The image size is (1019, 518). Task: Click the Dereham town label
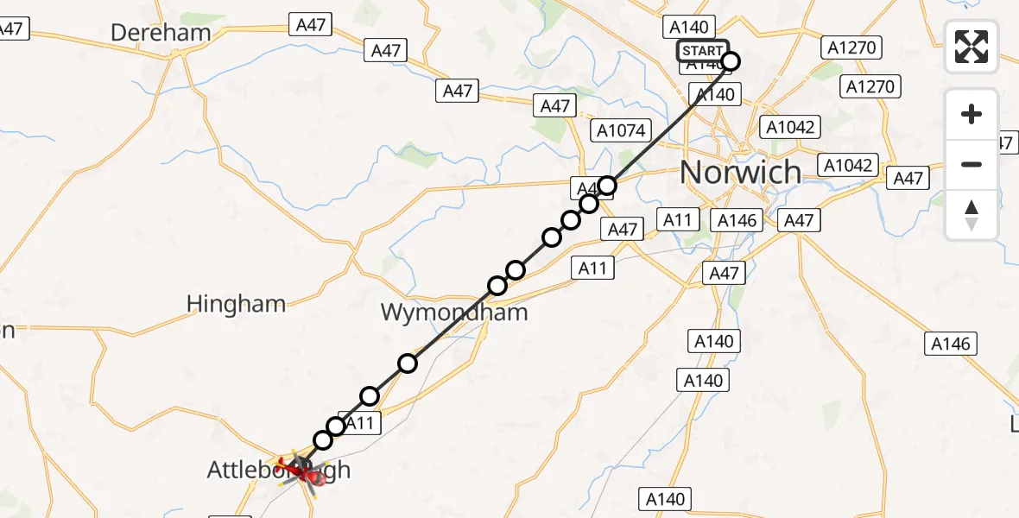(161, 33)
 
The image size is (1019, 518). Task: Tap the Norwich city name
(741, 172)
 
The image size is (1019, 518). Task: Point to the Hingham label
(237, 304)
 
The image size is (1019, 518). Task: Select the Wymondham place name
(454, 312)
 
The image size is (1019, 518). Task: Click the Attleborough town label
(278, 471)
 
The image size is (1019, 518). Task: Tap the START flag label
(702, 51)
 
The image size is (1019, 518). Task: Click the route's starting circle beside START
(731, 60)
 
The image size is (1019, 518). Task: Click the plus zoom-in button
(972, 114)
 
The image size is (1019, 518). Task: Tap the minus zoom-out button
(972, 164)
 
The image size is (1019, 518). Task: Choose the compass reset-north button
(972, 214)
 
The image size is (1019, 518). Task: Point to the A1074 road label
(620, 130)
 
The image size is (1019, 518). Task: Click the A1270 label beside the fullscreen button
(851, 47)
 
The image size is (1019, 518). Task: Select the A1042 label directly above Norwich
(790, 127)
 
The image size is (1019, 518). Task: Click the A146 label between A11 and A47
(737, 220)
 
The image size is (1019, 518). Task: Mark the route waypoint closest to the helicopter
(323, 440)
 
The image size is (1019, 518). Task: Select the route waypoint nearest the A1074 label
(608, 185)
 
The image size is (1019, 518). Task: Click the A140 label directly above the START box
(687, 28)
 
